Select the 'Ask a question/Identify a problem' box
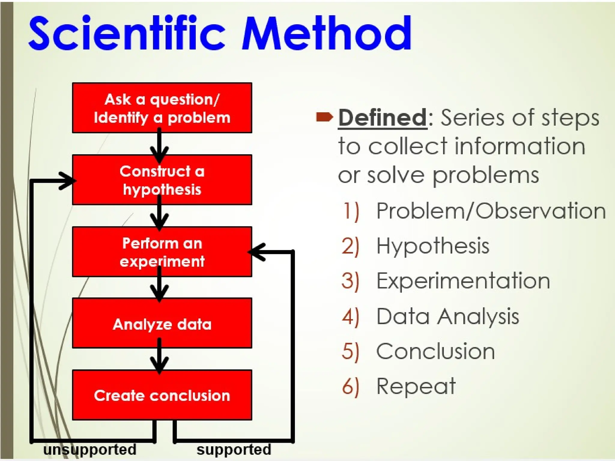162,108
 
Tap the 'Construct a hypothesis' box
162,180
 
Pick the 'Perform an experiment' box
162,252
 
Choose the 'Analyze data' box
162,324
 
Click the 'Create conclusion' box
162,395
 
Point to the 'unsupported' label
89,450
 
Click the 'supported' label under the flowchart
234,450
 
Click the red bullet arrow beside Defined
324,117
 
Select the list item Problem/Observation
491,211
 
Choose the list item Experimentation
463,281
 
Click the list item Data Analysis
447,316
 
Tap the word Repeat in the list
416,387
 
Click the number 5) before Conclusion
350,351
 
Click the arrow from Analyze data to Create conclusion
159,357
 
